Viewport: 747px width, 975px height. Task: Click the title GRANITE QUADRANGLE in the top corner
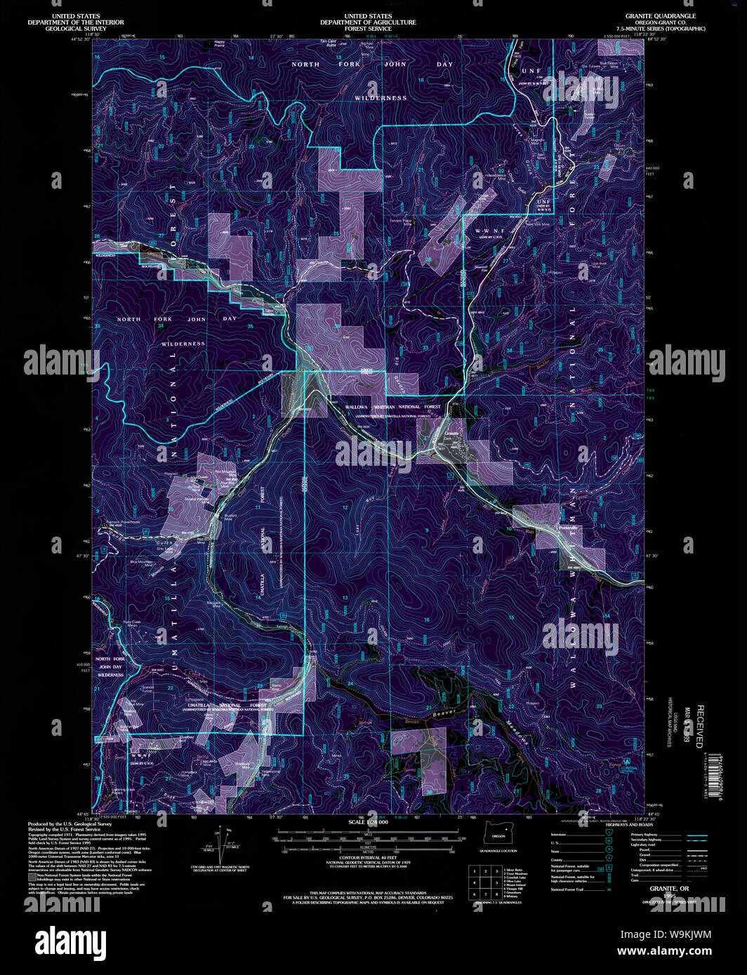pyautogui.click(x=661, y=15)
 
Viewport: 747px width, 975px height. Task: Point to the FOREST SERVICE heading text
pyautogui.click(x=368, y=29)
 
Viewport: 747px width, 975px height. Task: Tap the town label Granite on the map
pyautogui.click(x=451, y=433)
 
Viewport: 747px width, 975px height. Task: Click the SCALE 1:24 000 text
pyautogui.click(x=368, y=821)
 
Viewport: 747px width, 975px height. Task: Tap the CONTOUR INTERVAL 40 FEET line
pyautogui.click(x=368, y=858)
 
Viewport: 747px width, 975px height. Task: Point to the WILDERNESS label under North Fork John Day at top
pyautogui.click(x=380, y=98)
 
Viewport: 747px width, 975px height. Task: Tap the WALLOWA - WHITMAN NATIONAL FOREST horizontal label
pyautogui.click(x=392, y=407)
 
